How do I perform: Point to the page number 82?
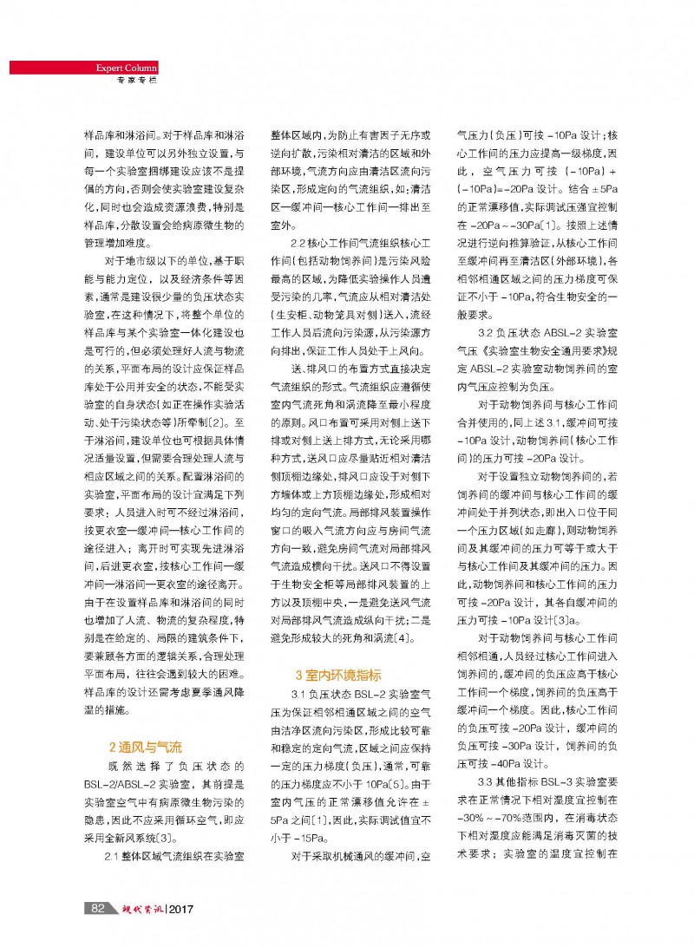pos(99,908)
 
